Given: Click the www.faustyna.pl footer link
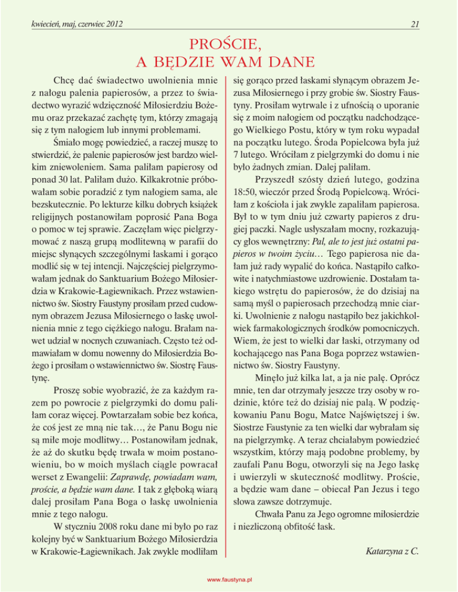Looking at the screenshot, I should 229,579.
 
